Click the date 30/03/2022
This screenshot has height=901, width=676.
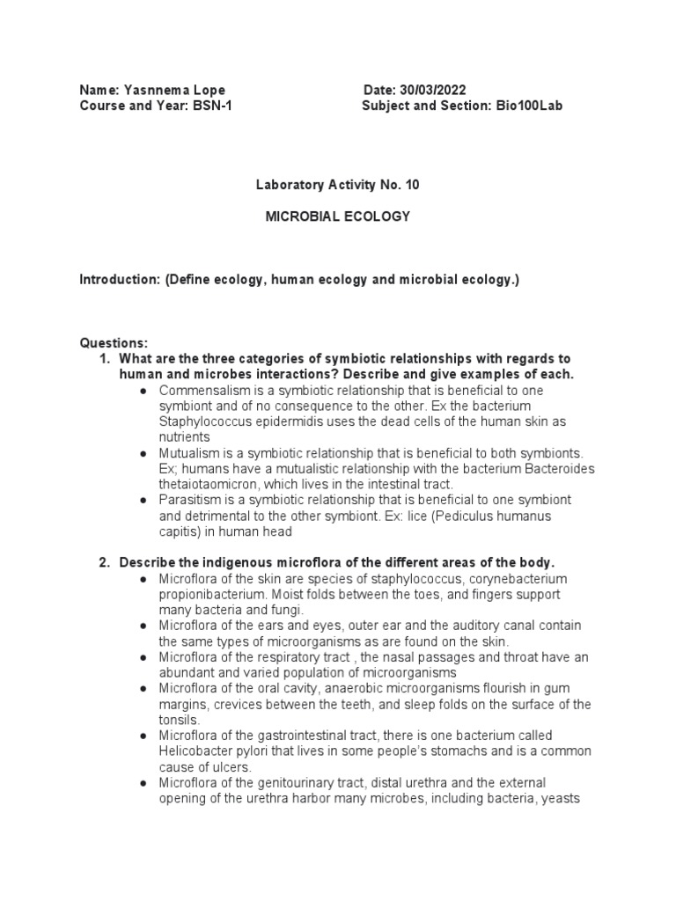431,90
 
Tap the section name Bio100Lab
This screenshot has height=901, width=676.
527,106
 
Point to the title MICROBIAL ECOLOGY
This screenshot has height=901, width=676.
338,216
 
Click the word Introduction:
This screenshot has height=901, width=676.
119,280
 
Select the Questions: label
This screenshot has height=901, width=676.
114,342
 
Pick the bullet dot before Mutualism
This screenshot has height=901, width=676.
143,453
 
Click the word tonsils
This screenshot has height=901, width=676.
176,719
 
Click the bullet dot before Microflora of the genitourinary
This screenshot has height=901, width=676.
143,782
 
